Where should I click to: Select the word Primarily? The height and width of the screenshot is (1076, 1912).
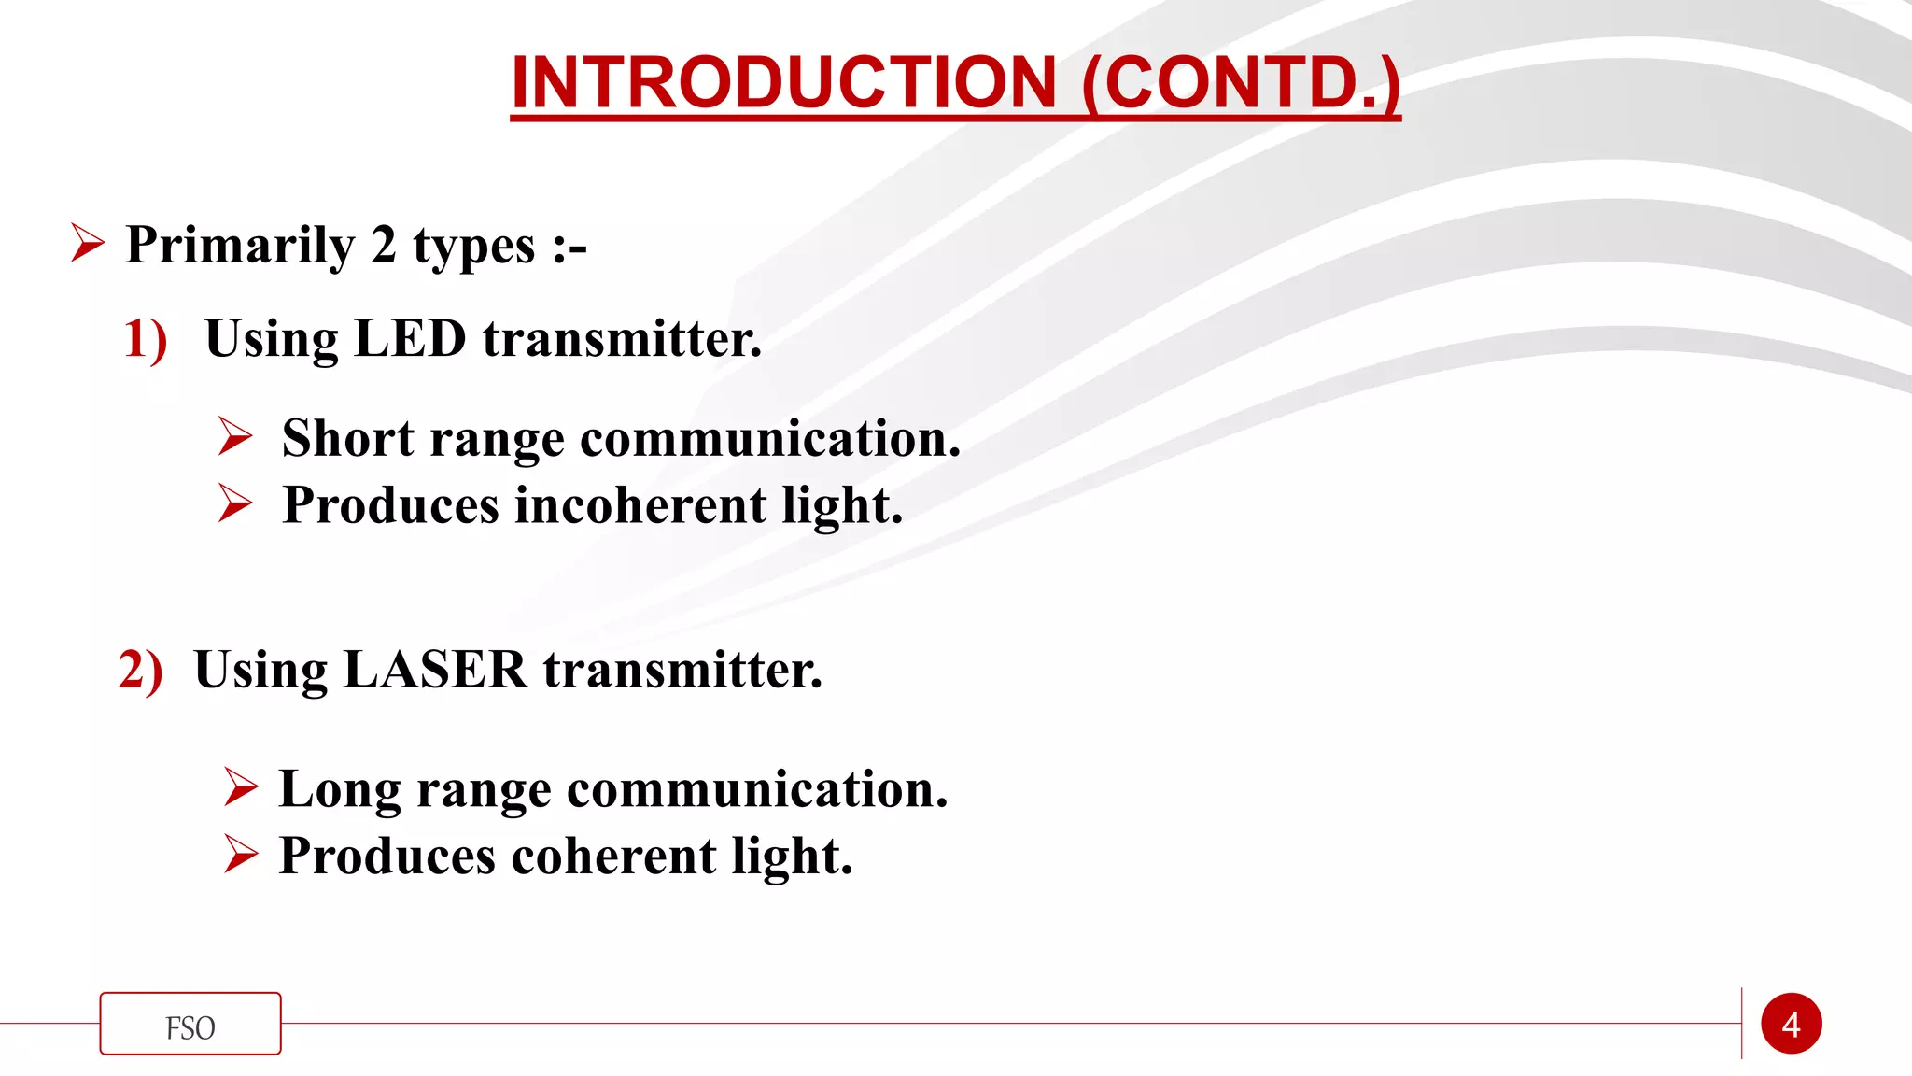[240, 246]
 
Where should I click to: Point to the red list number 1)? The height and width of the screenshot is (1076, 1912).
[145, 338]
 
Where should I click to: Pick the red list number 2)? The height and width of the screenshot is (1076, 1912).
[140, 670]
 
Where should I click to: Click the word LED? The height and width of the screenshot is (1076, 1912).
[410, 338]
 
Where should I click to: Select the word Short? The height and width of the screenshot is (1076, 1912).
[347, 438]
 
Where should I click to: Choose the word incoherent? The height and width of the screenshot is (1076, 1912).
[640, 505]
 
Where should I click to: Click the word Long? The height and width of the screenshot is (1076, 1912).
[340, 789]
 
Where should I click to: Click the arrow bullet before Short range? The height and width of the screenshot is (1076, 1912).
[235, 436]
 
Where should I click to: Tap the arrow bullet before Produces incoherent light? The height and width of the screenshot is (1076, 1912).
[235, 503]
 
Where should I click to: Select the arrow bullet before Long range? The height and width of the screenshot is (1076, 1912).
[241, 786]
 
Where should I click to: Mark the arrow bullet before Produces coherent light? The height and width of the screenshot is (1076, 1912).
[241, 854]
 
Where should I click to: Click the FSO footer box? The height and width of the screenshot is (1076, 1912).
[190, 1025]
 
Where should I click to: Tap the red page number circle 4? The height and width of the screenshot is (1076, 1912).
[1791, 1025]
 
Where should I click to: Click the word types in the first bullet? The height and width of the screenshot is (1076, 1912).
[474, 246]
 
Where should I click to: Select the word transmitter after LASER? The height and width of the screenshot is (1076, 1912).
[682, 670]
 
